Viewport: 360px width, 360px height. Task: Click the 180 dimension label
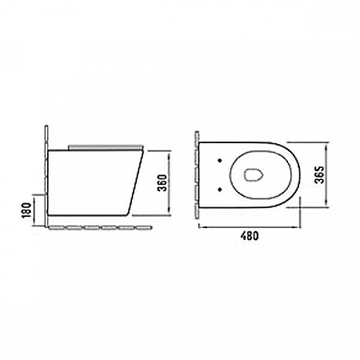click(26, 210)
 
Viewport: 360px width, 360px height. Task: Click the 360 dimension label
click(162, 182)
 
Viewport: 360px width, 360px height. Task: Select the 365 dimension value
click(319, 175)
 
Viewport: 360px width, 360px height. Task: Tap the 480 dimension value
click(250, 236)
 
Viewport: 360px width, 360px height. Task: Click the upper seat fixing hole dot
click(220, 161)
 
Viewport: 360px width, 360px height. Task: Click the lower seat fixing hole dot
click(220, 190)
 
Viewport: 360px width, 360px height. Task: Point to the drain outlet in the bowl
click(254, 175)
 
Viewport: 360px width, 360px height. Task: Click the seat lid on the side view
click(106, 147)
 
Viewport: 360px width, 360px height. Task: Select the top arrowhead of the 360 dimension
click(170, 154)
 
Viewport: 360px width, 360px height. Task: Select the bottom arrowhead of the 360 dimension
click(170, 211)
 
